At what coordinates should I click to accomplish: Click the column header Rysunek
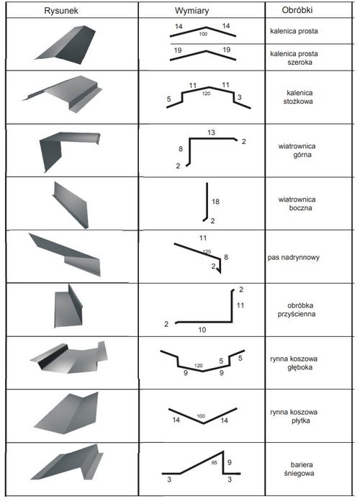[61, 11]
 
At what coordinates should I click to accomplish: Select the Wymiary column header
[192, 11]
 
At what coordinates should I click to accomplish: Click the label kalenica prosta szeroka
[294, 58]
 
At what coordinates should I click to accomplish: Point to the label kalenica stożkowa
[297, 97]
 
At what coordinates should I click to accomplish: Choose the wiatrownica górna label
[297, 150]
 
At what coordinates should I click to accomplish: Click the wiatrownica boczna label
[297, 204]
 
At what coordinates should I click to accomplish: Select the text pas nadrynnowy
[294, 258]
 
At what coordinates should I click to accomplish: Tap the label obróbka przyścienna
[297, 310]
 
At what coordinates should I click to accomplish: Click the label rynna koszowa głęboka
[294, 363]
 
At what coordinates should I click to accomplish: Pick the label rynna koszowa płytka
[294, 416]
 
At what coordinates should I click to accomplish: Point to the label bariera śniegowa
[299, 469]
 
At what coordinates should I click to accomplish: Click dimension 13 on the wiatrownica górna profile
[211, 132]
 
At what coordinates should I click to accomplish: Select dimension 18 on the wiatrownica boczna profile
[215, 202]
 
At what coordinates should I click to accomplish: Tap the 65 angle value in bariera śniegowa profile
[215, 463]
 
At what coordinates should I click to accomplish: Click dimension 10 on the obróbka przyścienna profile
[202, 330]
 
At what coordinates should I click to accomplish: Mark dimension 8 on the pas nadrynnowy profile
[226, 257]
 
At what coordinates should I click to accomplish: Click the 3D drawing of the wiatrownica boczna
[71, 205]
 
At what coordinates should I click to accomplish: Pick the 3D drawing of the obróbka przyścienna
[68, 306]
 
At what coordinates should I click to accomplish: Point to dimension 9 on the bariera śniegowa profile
[229, 462]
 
